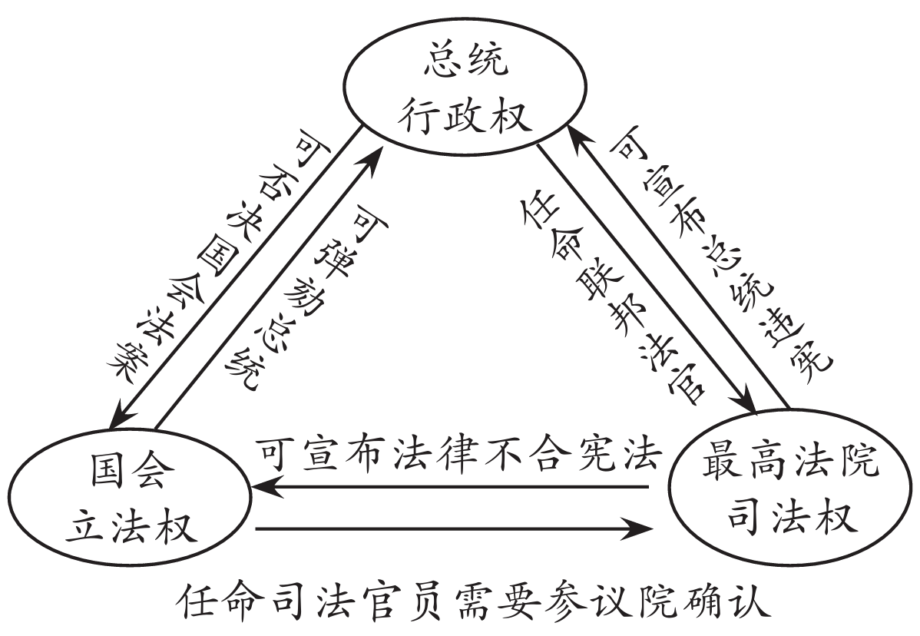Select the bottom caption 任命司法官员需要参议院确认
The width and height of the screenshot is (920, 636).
tap(470, 605)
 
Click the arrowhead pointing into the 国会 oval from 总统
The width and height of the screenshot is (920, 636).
tap(120, 418)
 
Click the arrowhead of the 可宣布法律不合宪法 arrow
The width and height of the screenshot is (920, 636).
tap(263, 487)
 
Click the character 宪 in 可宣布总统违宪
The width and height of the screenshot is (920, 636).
tap(816, 358)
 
